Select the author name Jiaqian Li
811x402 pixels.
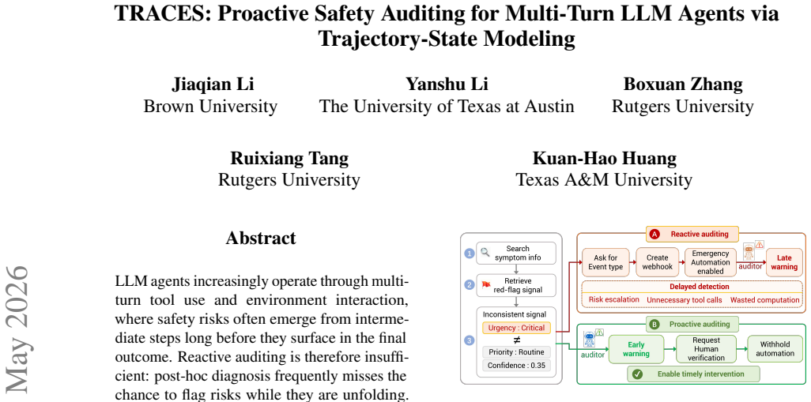click(x=213, y=85)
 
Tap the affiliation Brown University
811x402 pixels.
click(x=210, y=107)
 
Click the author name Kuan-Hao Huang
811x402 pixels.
click(x=604, y=158)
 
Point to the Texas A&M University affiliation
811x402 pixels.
click(x=604, y=180)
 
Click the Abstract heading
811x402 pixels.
click(x=261, y=238)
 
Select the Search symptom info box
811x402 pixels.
click(x=515, y=254)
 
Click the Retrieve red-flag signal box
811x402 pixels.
click(x=515, y=285)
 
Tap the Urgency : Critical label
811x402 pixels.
click(x=516, y=328)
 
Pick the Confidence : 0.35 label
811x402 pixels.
click(x=516, y=366)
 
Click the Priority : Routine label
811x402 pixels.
click(x=516, y=352)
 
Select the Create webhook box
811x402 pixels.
click(x=658, y=262)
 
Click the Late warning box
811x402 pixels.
click(x=784, y=262)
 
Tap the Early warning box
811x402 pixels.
click(x=636, y=349)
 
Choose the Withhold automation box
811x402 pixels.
click(x=775, y=349)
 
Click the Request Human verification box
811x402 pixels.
click(x=706, y=349)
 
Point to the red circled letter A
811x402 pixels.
click(x=654, y=234)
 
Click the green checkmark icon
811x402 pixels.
click(x=637, y=374)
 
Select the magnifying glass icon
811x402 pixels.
click(x=485, y=252)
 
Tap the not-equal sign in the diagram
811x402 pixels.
click(x=516, y=340)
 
